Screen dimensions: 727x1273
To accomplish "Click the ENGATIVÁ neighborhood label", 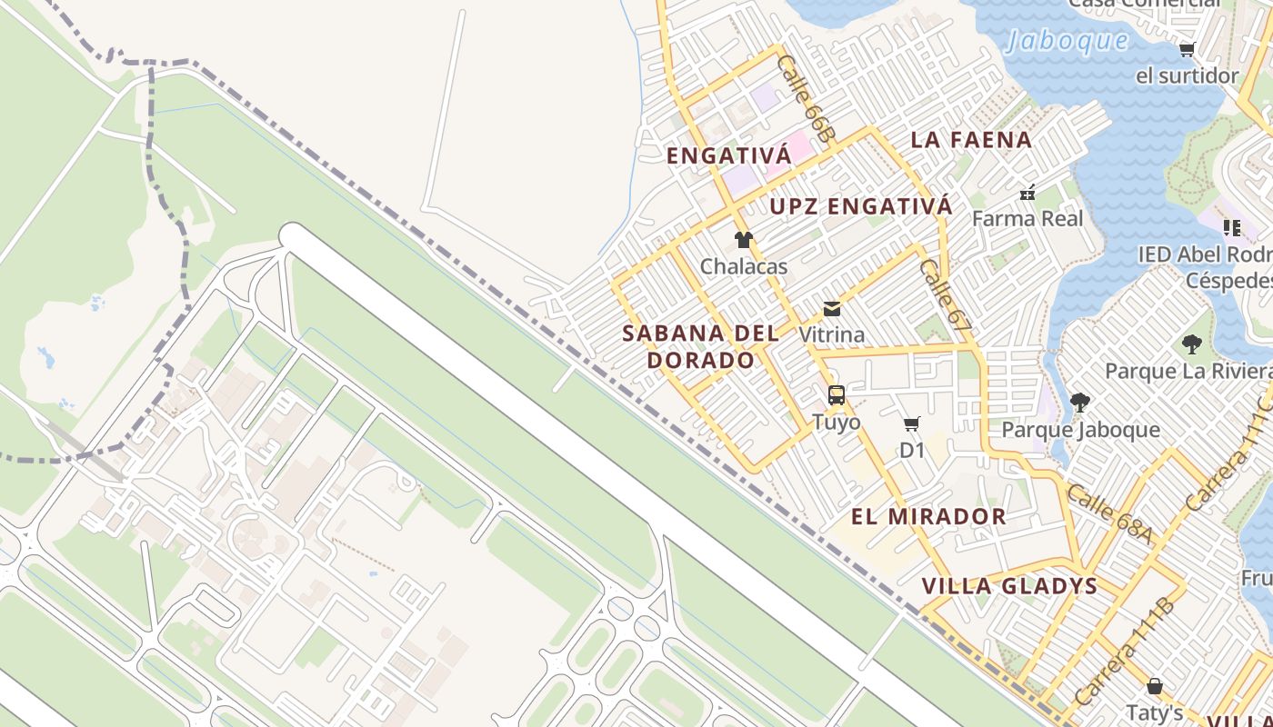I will coord(728,156).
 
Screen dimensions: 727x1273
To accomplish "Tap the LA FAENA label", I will coord(971,140).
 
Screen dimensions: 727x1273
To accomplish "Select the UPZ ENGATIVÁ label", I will coord(861,206).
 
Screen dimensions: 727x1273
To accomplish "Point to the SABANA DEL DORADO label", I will coord(700,346).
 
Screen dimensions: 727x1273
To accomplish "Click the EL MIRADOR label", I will coord(928,517).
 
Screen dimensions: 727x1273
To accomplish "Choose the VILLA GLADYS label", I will coord(1009,586).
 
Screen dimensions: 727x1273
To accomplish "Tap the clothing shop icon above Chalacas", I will coord(744,240).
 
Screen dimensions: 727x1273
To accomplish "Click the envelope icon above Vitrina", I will coord(832,309).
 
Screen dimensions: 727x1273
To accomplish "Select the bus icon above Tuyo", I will coord(837,395).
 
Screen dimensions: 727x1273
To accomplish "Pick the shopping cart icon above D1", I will coord(912,423).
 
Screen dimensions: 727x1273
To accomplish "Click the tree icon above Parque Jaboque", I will coord(1080,403).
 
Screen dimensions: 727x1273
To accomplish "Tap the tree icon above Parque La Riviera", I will coord(1191,344).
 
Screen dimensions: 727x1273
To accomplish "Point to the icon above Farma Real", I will coord(1027,193).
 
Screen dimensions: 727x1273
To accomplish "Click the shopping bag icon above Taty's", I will coord(1155,685).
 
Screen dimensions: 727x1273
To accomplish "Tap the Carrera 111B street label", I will coord(1124,652).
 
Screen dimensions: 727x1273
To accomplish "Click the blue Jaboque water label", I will coord(1068,41).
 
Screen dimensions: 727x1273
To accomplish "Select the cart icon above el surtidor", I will coord(1187,49).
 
